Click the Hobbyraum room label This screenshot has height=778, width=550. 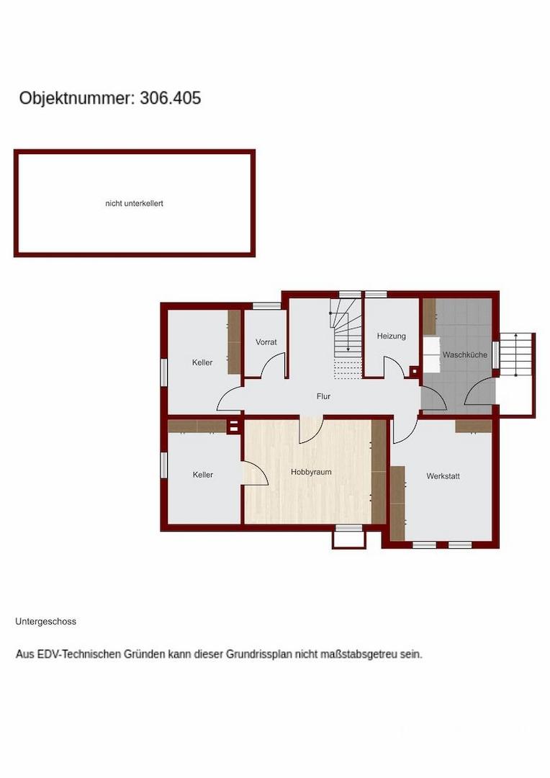click(311, 472)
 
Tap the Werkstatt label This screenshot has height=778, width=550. click(443, 476)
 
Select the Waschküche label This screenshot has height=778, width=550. click(464, 355)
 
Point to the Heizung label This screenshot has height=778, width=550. click(391, 336)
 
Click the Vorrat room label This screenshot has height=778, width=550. click(266, 342)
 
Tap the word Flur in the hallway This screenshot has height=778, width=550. click(323, 396)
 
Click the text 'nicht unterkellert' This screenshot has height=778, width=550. click(135, 204)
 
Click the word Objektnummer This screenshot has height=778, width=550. click(75, 99)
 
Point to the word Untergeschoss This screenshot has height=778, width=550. click(45, 621)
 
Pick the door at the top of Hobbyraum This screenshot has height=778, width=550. click(311, 431)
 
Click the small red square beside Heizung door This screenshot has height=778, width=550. click(413, 372)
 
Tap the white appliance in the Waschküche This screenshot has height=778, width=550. click(430, 354)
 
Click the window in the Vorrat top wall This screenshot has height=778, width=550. click(266, 305)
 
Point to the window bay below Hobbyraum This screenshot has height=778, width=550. click(348, 537)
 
